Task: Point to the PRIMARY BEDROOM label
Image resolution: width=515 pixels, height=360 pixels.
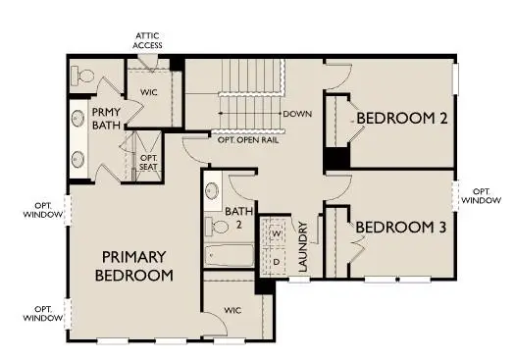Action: tap(134, 266)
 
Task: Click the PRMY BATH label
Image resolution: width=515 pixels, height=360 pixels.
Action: tap(106, 120)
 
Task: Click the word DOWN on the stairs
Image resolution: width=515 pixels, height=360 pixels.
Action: tap(297, 114)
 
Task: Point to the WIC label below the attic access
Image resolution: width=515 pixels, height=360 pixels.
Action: tap(150, 94)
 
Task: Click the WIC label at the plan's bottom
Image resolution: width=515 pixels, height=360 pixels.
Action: tap(232, 311)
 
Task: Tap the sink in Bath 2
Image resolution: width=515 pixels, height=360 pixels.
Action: tap(212, 191)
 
